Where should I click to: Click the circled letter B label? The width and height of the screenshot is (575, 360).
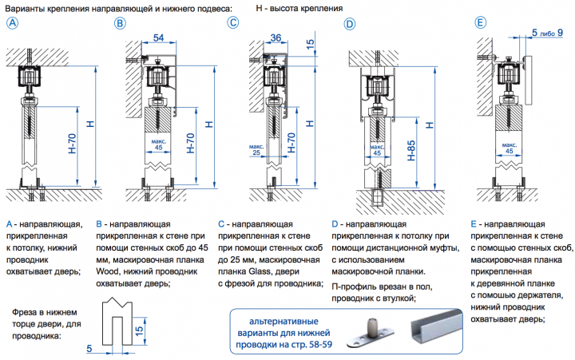point(121,23)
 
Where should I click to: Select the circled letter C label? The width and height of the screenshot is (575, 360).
point(233,23)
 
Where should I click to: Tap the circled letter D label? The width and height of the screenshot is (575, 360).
point(349,24)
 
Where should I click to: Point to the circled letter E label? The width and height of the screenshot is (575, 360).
point(480,23)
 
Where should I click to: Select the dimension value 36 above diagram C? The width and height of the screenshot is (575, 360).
point(276,38)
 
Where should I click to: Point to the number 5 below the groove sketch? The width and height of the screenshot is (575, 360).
point(90,348)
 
